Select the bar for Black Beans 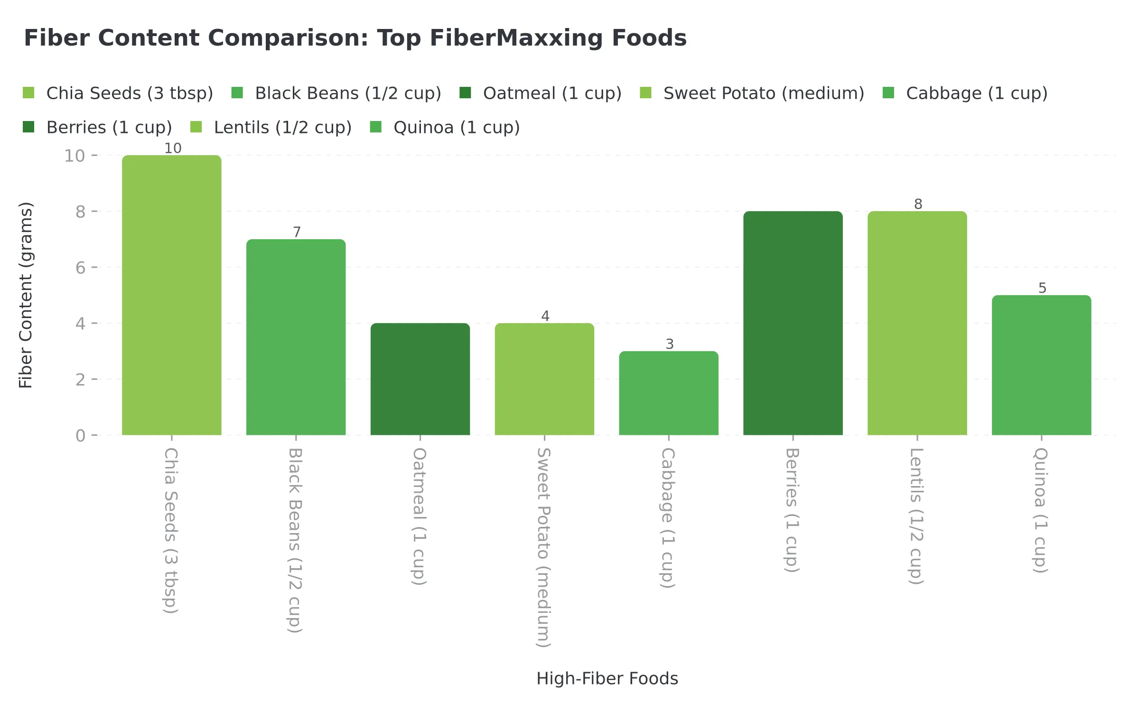click(x=296, y=337)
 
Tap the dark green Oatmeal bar click(x=420, y=379)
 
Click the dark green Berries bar click(x=793, y=323)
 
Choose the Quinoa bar click(x=1041, y=365)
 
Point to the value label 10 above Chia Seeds click(x=173, y=148)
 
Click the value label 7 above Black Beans click(x=297, y=232)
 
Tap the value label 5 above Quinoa click(x=1042, y=288)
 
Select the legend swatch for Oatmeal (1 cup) click(x=465, y=93)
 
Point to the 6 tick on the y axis click(x=80, y=268)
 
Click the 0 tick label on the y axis click(x=80, y=435)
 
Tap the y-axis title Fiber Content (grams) click(x=26, y=295)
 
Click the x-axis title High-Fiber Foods click(x=607, y=678)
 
